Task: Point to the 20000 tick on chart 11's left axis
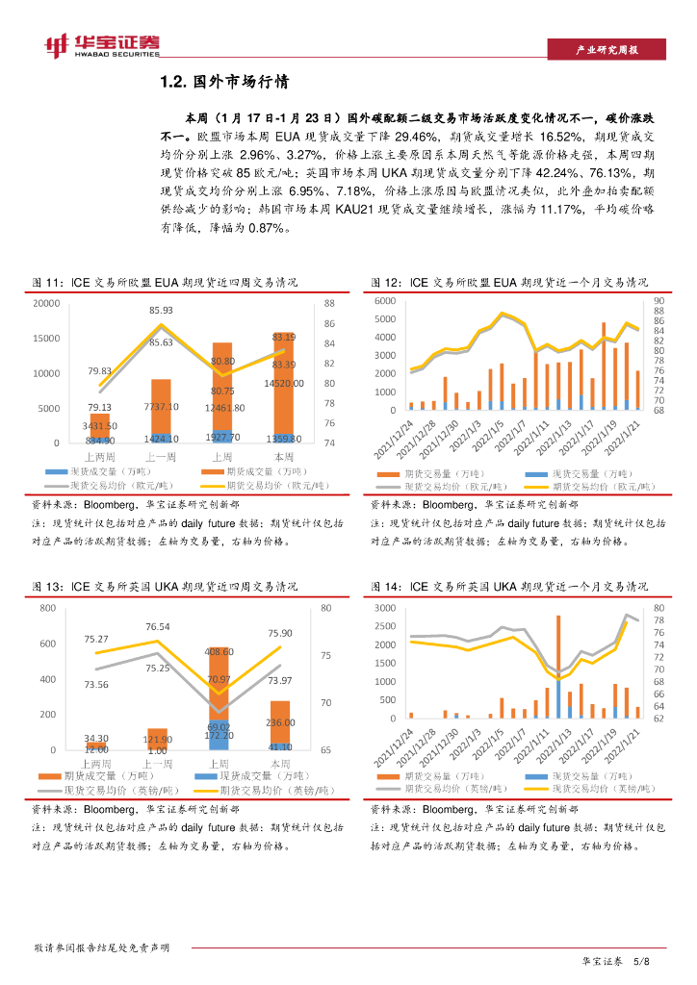tap(46, 304)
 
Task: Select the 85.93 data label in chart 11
tap(161, 311)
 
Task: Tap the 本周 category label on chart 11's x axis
tap(284, 456)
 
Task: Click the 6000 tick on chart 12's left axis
tap(386, 302)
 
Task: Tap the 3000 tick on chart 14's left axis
tap(385, 609)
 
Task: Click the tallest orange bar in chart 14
tap(558, 664)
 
